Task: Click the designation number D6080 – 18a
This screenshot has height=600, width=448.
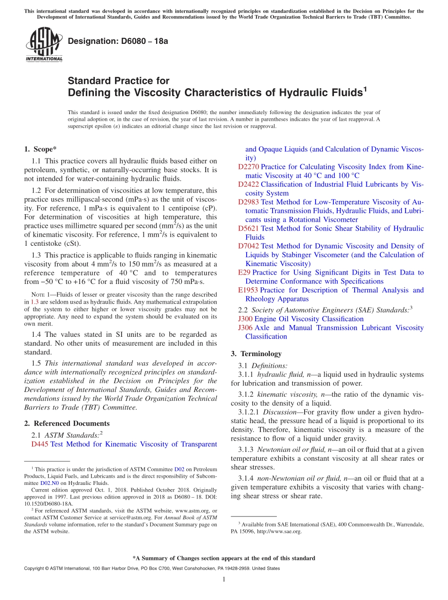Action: click(x=118, y=41)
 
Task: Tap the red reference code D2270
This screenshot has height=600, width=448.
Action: click(x=249, y=167)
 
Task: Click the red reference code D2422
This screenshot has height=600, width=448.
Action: click(x=249, y=184)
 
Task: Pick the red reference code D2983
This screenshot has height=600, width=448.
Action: click(x=249, y=202)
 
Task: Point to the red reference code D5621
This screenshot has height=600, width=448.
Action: click(x=249, y=228)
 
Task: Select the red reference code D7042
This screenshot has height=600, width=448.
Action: click(x=249, y=246)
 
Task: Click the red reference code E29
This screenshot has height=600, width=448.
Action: click(x=244, y=273)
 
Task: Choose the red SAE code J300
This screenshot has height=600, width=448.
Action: click(x=245, y=319)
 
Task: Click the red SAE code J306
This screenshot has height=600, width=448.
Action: click(x=245, y=328)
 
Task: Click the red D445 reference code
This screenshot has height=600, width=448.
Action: click(x=40, y=444)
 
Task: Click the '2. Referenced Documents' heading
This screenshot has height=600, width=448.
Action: click(x=67, y=424)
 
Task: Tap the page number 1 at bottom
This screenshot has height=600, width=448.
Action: click(x=224, y=579)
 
